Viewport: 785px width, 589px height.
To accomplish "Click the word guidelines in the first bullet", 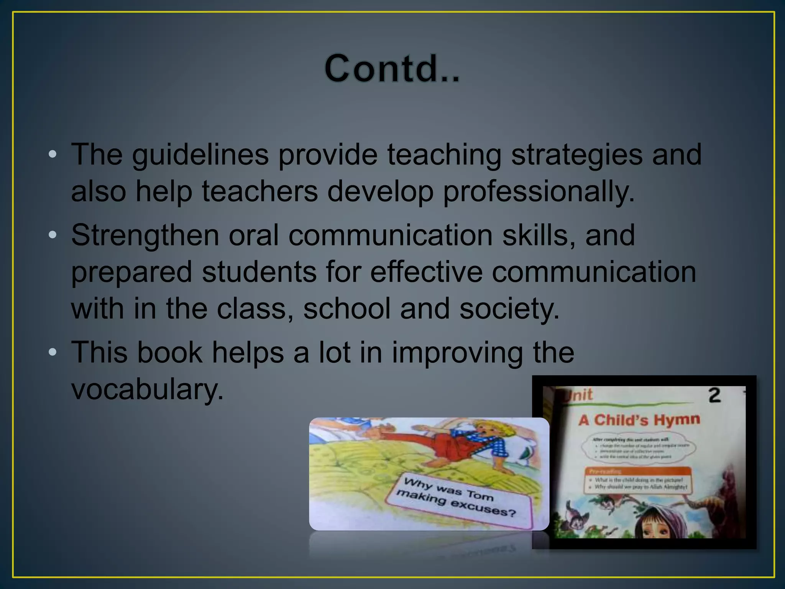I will (200, 155).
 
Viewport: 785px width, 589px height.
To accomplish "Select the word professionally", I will (539, 191).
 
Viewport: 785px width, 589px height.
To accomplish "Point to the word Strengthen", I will (145, 235).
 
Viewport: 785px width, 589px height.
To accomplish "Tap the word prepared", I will (131, 272).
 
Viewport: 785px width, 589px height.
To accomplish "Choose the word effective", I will (426, 271).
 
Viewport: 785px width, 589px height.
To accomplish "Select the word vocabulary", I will (147, 390).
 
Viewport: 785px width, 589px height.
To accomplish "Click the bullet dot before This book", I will (53, 352).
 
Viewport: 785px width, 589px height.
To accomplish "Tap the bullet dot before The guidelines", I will (53, 155).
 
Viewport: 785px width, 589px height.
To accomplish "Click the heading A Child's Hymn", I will (639, 420).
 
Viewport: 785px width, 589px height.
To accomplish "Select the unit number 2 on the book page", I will (714, 396).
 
